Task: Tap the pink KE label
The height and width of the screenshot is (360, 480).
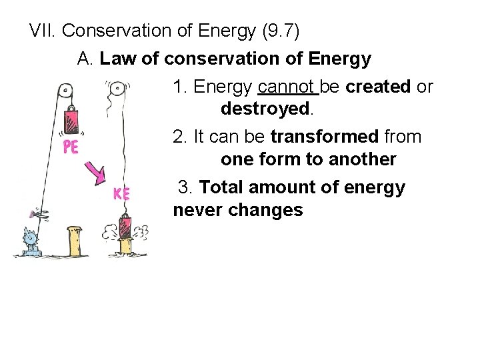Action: coord(121,193)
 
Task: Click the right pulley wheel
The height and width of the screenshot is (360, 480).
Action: coord(117,87)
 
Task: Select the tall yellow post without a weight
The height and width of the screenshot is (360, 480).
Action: coord(74,241)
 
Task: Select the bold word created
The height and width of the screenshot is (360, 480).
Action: coord(378,87)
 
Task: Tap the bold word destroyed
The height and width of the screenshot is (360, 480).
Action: coord(265,108)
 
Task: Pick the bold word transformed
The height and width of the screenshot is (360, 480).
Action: coord(324,137)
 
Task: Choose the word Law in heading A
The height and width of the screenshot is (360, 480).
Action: coord(118,59)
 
